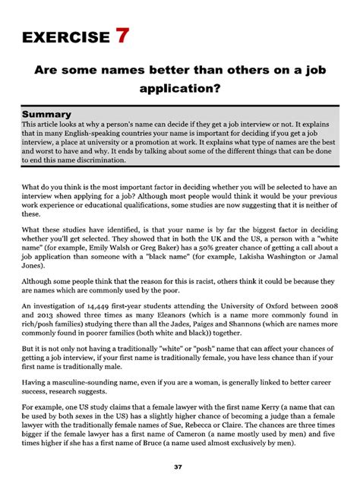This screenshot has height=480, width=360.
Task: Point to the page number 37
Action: tap(180, 465)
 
